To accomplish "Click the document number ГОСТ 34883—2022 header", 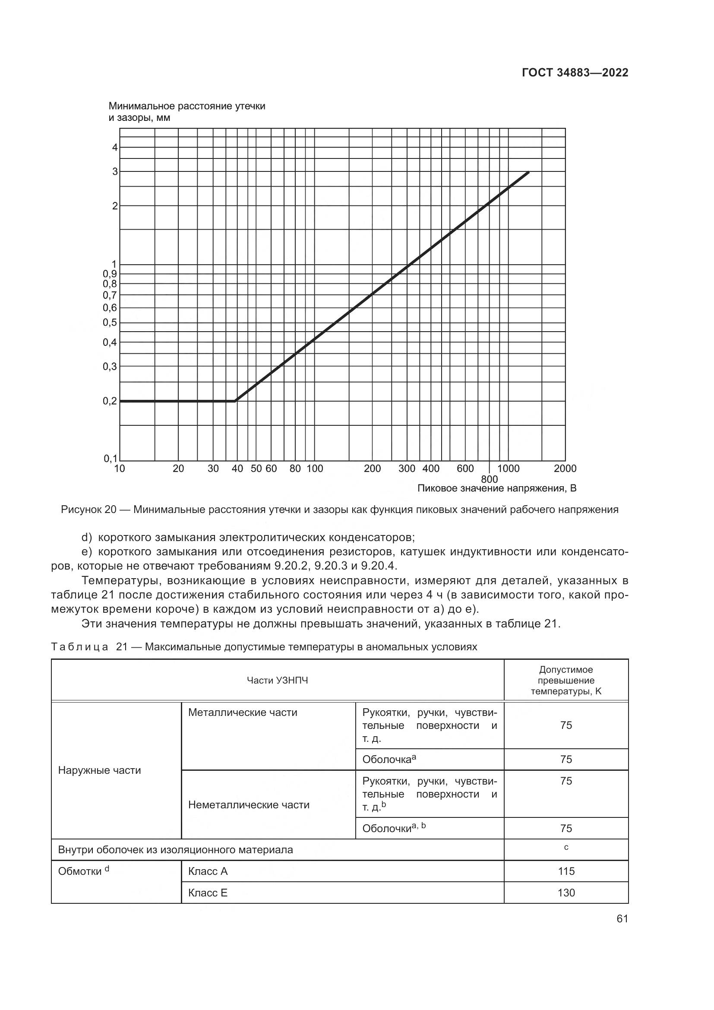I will (x=575, y=73).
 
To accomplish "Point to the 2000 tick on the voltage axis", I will (x=565, y=469).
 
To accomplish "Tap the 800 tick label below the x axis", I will (x=489, y=479).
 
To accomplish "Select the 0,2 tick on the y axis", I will (x=111, y=401).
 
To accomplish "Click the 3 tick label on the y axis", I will (x=115, y=171).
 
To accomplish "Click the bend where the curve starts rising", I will (x=236, y=401).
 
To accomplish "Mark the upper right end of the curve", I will (x=528, y=172).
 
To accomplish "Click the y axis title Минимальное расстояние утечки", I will (x=187, y=107).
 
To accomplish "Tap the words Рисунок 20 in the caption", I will (x=88, y=510).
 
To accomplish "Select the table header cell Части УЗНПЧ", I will (x=278, y=681).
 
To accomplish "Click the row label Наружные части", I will (x=99, y=770).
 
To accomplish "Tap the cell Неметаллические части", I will (x=249, y=804).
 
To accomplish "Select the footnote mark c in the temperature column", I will (x=566, y=847).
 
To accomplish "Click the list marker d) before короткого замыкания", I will (x=87, y=538).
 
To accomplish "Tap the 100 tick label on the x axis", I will (x=315, y=469).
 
